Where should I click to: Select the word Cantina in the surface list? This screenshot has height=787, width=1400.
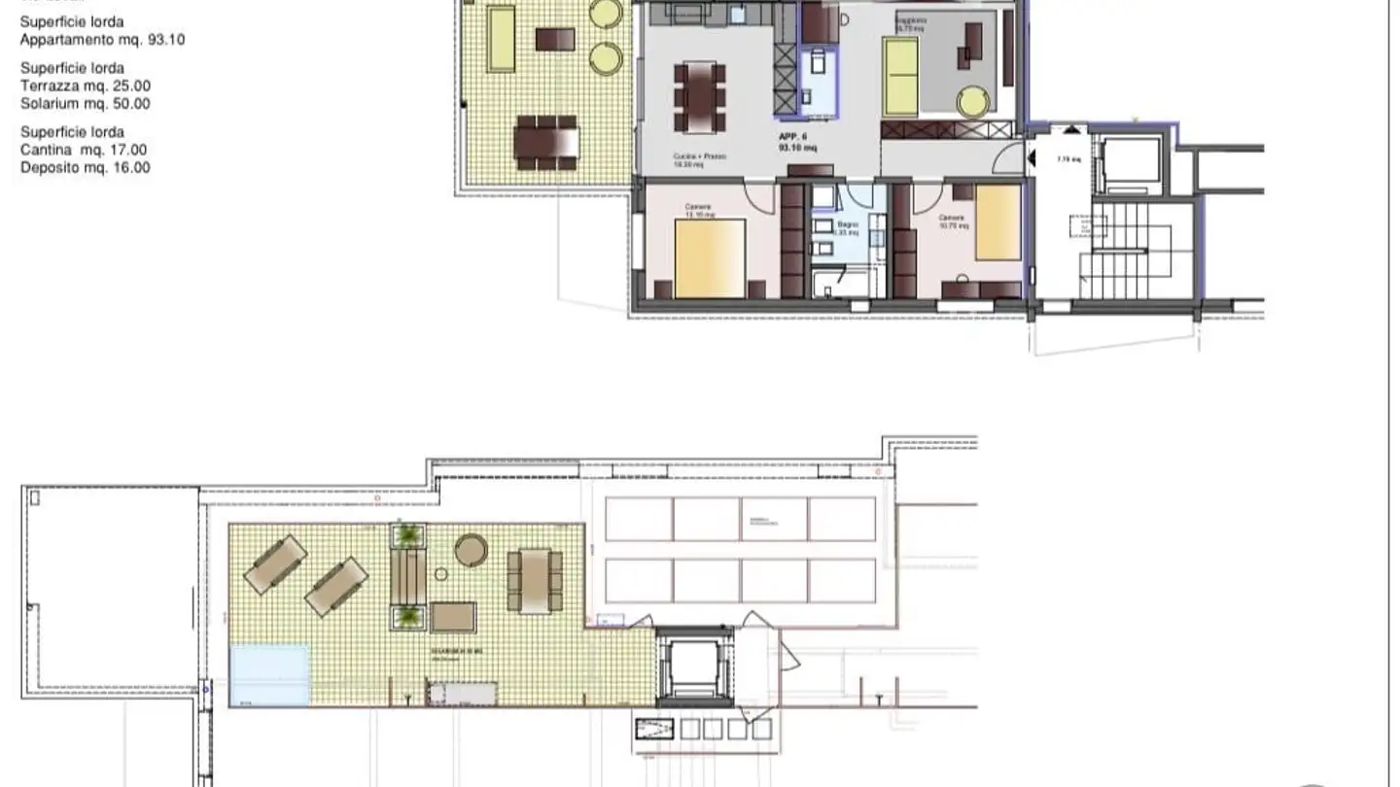click(46, 150)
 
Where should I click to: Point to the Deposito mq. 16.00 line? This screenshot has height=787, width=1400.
click(86, 167)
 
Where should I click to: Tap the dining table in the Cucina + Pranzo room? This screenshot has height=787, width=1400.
click(700, 97)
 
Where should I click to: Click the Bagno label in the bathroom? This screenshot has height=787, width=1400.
click(848, 225)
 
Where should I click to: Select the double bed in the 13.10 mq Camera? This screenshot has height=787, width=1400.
click(710, 257)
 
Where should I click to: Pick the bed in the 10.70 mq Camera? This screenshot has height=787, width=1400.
click(997, 222)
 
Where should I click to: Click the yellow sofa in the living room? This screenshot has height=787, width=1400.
click(901, 77)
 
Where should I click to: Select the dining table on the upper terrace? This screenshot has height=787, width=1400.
click(545, 142)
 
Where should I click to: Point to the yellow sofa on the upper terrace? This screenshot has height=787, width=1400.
click(501, 39)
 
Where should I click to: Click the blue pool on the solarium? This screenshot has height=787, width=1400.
click(270, 674)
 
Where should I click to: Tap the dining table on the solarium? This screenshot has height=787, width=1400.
click(535, 581)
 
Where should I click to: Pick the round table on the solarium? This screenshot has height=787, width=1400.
click(471, 551)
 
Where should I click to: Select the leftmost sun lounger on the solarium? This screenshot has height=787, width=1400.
click(275, 565)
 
